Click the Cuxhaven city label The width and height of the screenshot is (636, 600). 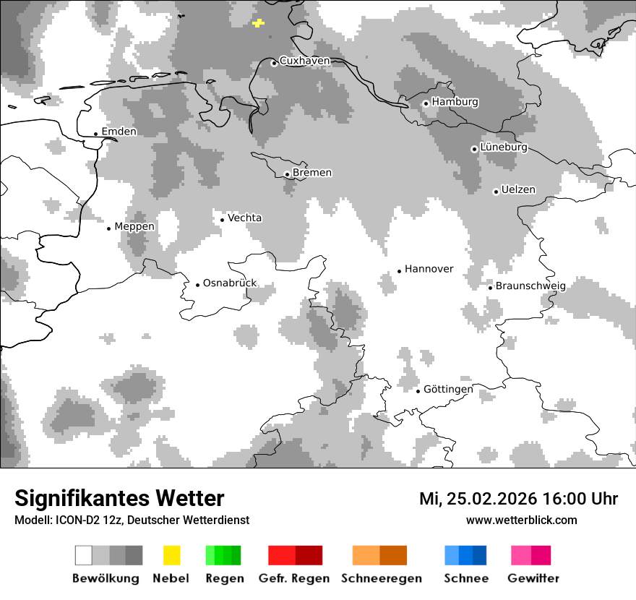pos(304,61)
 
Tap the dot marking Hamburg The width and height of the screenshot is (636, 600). pos(426,103)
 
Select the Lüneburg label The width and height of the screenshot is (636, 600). pos(504,147)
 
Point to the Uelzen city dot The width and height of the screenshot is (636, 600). pos(496,192)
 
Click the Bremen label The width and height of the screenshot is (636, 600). pos(312,173)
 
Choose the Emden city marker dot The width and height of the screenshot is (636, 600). pos(95,134)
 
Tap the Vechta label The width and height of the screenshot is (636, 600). pos(245,218)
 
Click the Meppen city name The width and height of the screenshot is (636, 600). pos(134,226)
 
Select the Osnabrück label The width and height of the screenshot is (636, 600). pos(230,283)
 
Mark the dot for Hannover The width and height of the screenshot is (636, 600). pos(399,271)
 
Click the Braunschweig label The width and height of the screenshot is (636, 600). pos(530,286)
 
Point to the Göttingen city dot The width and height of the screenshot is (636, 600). pos(418,391)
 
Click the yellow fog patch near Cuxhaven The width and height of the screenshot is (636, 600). pos(259,23)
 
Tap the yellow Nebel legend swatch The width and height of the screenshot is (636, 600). pos(171,555)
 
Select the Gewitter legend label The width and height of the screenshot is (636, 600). pos(533,578)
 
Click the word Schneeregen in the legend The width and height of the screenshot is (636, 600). pos(382,578)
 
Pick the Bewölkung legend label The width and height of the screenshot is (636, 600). pos(106,578)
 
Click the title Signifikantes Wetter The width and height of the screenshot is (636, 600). pos(119,499)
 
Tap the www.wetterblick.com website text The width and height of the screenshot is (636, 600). pos(522,520)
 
